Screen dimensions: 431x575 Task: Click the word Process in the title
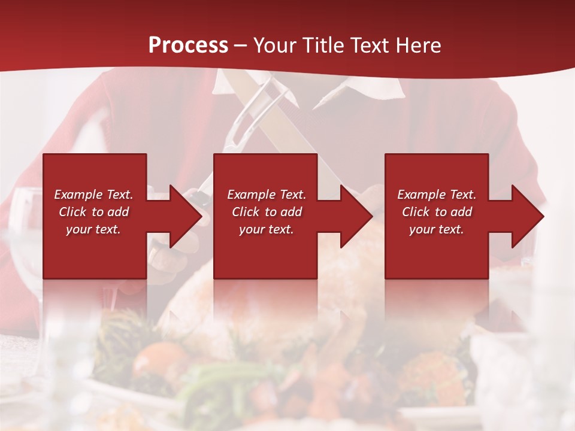(188, 45)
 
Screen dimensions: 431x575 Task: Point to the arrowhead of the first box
(185, 216)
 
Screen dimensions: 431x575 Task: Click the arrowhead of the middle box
(356, 216)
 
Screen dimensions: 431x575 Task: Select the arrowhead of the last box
(527, 216)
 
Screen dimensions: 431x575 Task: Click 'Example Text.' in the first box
(94, 195)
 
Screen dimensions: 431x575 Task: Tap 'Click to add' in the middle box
(267, 212)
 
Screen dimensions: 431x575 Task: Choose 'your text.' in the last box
(437, 229)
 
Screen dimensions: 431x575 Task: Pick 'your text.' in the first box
(94, 229)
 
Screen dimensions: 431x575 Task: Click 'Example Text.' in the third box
(437, 195)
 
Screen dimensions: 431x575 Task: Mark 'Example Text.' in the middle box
(267, 195)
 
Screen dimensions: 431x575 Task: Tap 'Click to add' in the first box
(94, 212)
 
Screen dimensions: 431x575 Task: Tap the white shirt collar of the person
(353, 90)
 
